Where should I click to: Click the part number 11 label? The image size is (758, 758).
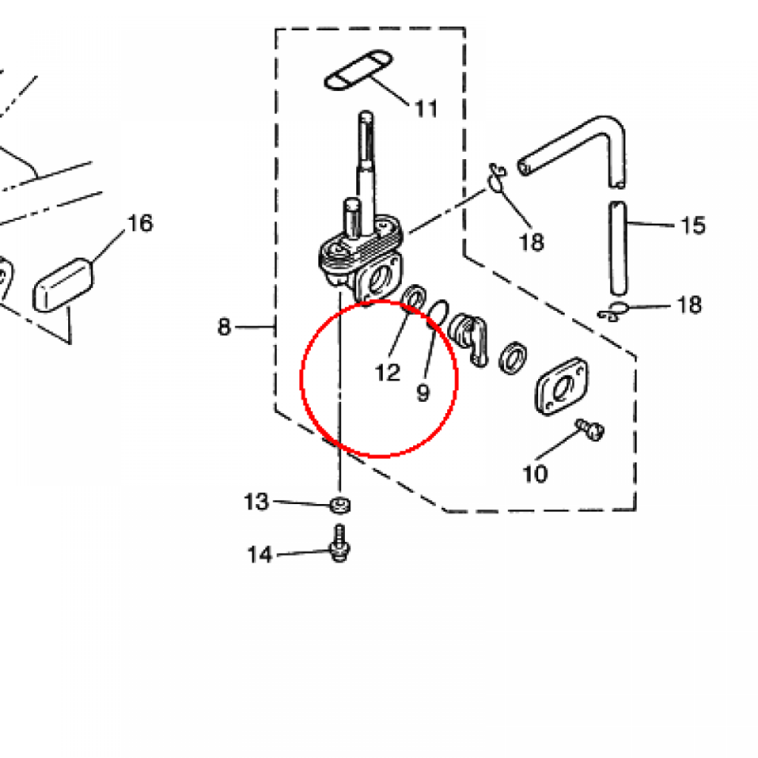point(426,110)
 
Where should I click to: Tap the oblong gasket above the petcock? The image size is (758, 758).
point(358,70)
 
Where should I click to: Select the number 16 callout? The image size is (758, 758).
point(140,224)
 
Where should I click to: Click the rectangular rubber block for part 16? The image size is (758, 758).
point(63,285)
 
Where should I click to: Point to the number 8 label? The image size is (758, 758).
point(224,327)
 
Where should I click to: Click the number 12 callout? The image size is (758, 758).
point(388,373)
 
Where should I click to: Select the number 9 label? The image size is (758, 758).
point(423,393)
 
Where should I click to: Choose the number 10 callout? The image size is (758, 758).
point(535,474)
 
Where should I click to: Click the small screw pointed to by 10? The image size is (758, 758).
point(590,429)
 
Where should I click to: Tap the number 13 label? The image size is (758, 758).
point(256,502)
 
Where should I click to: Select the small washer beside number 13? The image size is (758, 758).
point(341,506)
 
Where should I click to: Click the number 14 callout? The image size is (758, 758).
point(260,555)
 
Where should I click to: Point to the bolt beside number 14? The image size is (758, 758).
point(340,544)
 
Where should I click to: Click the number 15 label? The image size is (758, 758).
point(693,225)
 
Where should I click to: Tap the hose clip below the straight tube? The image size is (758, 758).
point(613,312)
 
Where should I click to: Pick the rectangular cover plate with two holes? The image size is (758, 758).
point(562,386)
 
